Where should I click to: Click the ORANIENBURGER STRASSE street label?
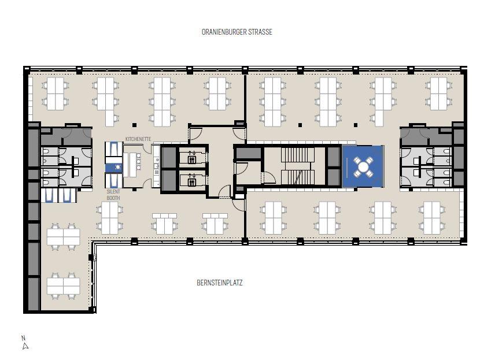[x=237, y=32]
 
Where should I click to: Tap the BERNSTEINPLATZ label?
[x=220, y=283]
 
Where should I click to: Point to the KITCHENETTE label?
[x=138, y=139]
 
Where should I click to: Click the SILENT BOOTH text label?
[x=113, y=195]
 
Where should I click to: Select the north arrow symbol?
[x=25, y=346]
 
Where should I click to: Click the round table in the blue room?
[x=363, y=166]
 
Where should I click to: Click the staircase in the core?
[x=298, y=166]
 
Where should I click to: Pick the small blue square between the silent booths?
[x=113, y=168]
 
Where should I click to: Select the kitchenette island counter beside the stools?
[x=132, y=164]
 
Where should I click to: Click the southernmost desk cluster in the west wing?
[x=64, y=285]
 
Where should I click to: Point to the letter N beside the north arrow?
[x=23, y=338]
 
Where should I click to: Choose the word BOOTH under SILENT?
[x=113, y=198]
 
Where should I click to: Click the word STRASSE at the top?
[x=260, y=32]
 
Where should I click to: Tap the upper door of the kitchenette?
[x=147, y=149]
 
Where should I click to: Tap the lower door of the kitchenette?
[x=147, y=183]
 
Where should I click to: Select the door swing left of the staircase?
[x=270, y=178]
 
